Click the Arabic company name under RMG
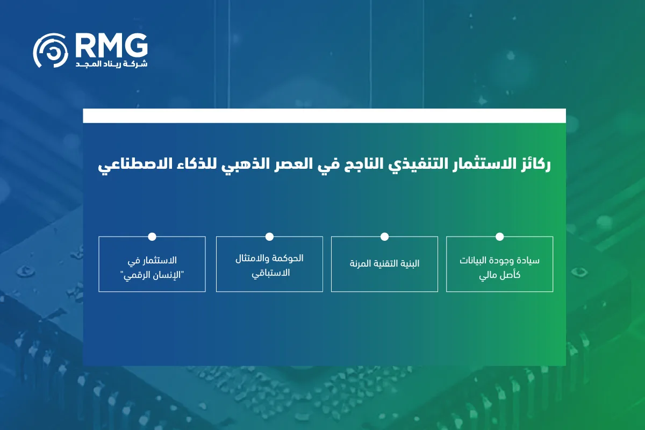(111, 64)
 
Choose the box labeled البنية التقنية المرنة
(384, 264)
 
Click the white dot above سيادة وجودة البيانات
(499, 236)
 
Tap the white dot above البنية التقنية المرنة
(384, 236)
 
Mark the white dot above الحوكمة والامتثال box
(269, 236)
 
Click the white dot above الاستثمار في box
(152, 236)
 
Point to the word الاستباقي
(269, 273)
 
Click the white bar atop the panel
(324, 116)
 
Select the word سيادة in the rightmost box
(529, 261)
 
